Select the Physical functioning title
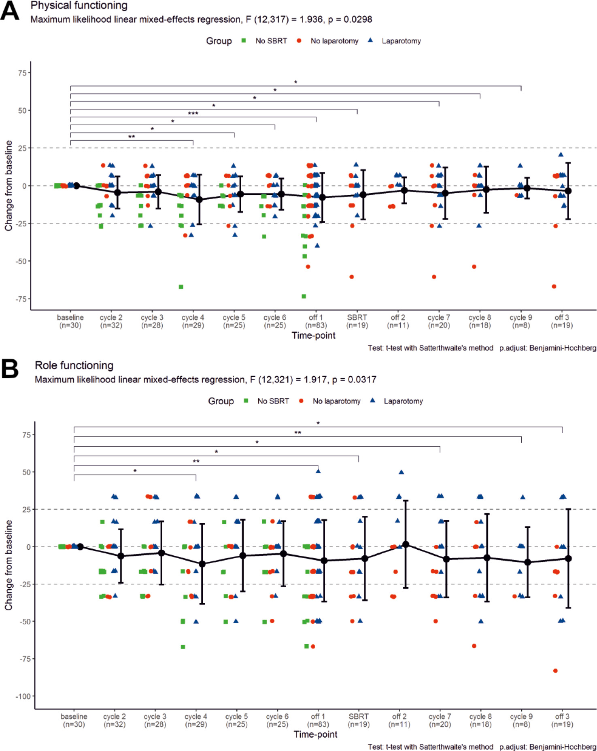(79, 6)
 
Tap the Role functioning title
(74, 365)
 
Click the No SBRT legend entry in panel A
(271, 41)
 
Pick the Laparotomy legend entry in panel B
(403, 401)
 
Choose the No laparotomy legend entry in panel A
(334, 41)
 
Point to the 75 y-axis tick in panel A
(22, 73)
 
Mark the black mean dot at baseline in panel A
(76, 186)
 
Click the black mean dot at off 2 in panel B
(406, 545)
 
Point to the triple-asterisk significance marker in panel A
(193, 114)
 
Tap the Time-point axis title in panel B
(315, 734)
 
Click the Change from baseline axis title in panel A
(8, 186)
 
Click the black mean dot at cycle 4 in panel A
(199, 200)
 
